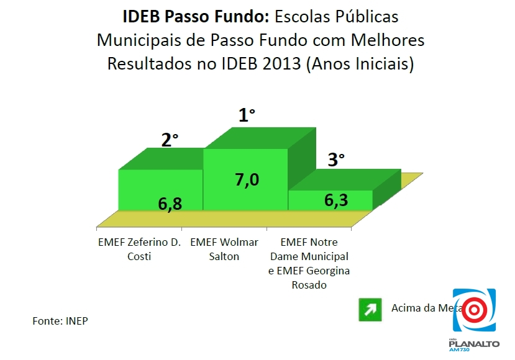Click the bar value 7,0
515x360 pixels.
coord(246,179)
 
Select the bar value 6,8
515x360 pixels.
coord(170,203)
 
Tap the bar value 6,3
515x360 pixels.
coord(336,200)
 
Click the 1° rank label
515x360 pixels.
coord(247,115)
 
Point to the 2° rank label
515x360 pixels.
coord(170,140)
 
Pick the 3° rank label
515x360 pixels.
coord(335,160)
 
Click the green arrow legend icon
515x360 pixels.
coord(370,310)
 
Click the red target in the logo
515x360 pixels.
coord(474,308)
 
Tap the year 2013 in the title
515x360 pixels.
coord(281,64)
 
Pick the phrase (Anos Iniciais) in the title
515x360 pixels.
coord(359,64)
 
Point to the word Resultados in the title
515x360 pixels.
coord(145,64)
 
